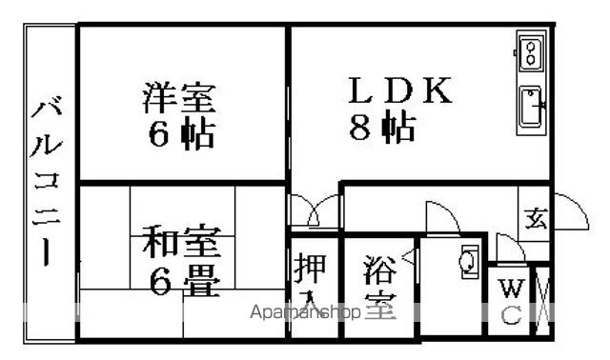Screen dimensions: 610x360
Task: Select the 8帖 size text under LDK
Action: point(381,127)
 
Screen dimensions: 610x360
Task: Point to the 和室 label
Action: point(181,242)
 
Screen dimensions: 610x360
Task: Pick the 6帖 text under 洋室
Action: point(180,133)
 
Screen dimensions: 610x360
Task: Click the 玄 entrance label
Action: point(533,219)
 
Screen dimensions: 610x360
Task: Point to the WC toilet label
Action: point(511,300)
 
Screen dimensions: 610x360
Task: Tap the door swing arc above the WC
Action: point(508,252)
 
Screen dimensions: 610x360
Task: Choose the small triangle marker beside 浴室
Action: point(408,255)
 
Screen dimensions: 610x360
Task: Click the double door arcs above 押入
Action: point(315,210)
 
